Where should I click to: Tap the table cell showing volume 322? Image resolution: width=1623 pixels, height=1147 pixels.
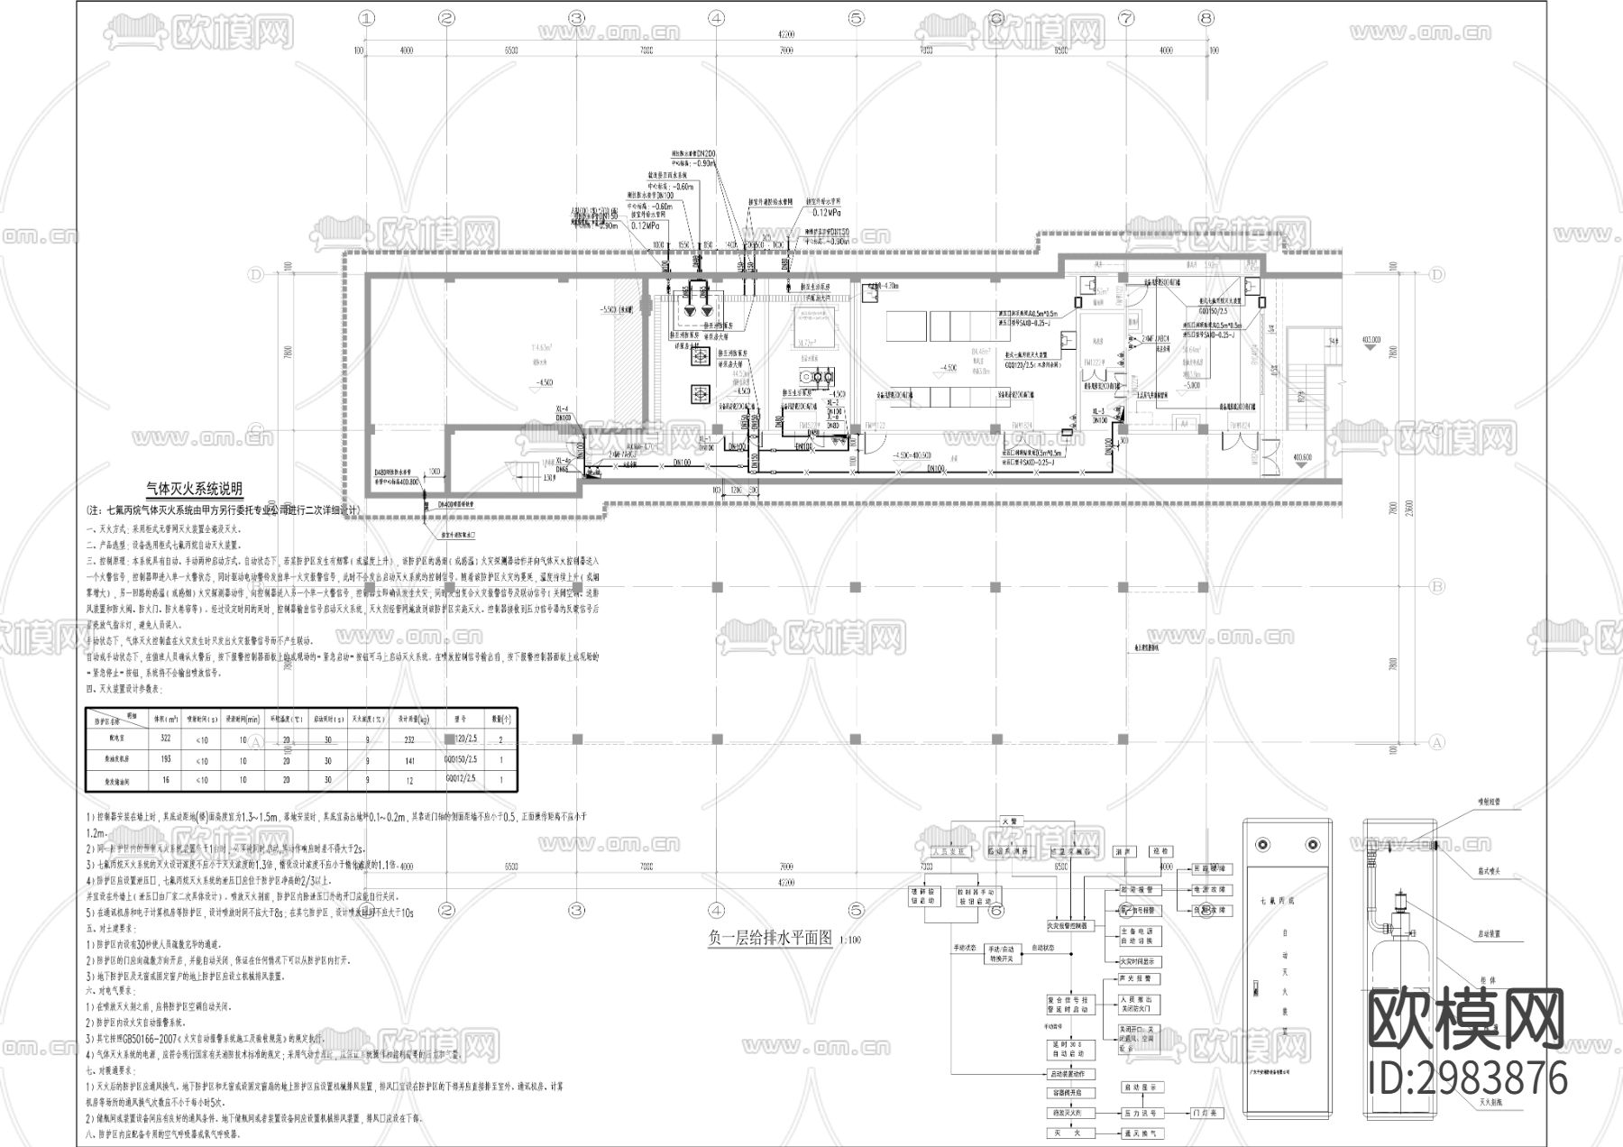coord(165,739)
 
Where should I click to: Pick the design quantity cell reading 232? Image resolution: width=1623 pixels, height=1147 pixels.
coord(410,739)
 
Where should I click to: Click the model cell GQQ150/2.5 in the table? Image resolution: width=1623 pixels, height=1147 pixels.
coord(461,760)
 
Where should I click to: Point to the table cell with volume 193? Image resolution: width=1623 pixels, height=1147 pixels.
coord(165,760)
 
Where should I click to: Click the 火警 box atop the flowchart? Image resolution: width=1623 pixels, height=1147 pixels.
coord(1009,821)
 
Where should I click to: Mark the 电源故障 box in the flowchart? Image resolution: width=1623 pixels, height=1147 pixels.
coord(1211,889)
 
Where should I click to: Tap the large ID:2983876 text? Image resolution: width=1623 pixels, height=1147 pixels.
coord(1468,1078)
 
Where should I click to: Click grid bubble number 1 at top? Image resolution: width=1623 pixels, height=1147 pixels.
coord(365,17)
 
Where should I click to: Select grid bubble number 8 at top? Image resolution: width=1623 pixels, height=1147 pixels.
coord(1206,17)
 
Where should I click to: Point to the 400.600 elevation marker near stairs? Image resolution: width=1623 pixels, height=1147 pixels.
coord(1303,458)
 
